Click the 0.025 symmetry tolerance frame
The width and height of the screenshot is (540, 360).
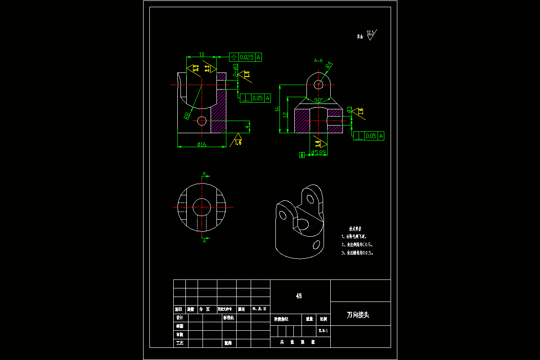[246, 57]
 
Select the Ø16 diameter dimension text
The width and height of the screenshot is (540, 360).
[202, 144]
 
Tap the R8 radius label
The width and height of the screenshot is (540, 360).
[187, 116]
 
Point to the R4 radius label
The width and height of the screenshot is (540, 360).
[329, 65]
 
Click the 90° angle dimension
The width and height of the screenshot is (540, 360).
[319, 100]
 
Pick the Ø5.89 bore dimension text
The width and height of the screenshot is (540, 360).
[318, 153]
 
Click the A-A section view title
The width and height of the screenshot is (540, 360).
[318, 60]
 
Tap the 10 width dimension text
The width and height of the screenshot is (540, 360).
[202, 55]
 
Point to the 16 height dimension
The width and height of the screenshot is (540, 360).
[278, 108]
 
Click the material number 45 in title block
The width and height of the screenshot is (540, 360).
[299, 296]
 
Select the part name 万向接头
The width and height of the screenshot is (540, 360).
[358, 315]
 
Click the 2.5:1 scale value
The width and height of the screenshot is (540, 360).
[323, 331]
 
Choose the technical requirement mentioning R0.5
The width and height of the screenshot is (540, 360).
[359, 253]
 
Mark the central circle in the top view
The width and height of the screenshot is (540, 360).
[201, 207]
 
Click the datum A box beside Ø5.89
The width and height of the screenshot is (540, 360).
[302, 155]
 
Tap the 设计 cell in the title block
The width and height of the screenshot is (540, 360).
[180, 318]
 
